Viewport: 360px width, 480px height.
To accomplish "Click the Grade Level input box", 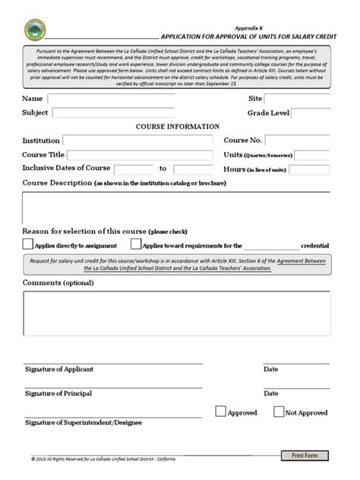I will pyautogui.click(x=311, y=113).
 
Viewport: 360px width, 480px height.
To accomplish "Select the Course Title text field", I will pyautogui.click(x=136, y=155).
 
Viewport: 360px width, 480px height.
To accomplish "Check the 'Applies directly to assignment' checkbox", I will pyautogui.click(x=28, y=245).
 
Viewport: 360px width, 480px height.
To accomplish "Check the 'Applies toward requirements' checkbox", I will pyautogui.click(x=136, y=245).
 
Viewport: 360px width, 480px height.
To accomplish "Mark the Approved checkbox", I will pyautogui.click(x=220, y=412).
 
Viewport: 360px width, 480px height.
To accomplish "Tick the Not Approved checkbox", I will pyautogui.click(x=278, y=412).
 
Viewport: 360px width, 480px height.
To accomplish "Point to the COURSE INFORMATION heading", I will pyautogui.click(x=178, y=127).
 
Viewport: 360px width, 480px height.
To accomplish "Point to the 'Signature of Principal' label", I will pyautogui.click(x=58, y=394).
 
